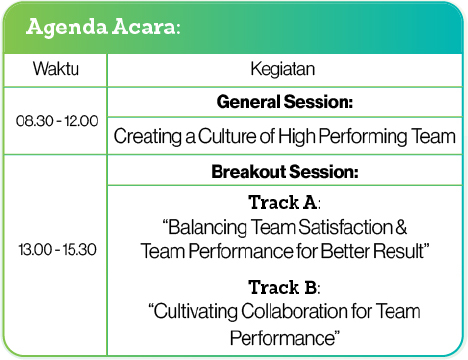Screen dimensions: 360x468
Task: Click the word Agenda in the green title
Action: pyautogui.click(x=69, y=27)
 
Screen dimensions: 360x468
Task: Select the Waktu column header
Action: pyautogui.click(x=56, y=70)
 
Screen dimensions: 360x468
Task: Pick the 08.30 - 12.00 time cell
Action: pyautogui.click(x=57, y=120)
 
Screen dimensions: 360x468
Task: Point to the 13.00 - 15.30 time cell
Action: pyautogui.click(x=57, y=249)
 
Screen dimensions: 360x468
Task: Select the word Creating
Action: pyautogui.click(x=146, y=136)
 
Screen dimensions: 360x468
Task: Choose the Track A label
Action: pyautogui.click(x=283, y=202)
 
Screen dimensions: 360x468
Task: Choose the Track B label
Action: pyautogui.click(x=283, y=287)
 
